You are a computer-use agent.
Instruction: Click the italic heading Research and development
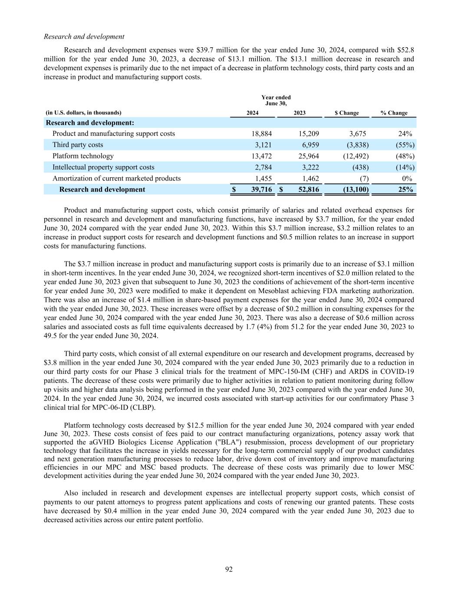pyautogui.click(x=84, y=36)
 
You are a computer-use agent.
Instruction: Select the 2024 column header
pyautogui.click(x=253, y=113)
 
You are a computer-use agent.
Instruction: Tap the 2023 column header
pyautogui.click(x=300, y=113)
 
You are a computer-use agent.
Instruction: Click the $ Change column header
pyautogui.click(x=346, y=113)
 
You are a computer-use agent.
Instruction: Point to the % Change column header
pyautogui.click(x=394, y=113)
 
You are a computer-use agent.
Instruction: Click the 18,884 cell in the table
pyautogui.click(x=262, y=134)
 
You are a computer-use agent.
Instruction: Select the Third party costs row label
pyautogui.click(x=78, y=145)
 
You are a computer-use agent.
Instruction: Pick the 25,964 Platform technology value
pyautogui.click(x=309, y=156)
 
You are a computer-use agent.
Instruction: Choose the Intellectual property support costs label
pyautogui.click(x=103, y=167)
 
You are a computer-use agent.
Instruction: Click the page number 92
pyautogui.click(x=229, y=569)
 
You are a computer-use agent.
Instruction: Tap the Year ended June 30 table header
pyautogui.click(x=276, y=100)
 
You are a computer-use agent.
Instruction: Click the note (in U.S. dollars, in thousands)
pyautogui.click(x=84, y=113)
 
